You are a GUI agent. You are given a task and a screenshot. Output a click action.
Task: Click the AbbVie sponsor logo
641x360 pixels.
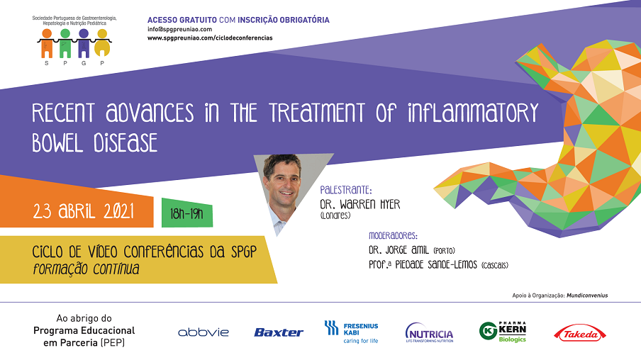point(204,332)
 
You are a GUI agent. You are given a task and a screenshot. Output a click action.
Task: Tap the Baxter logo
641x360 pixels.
point(279,332)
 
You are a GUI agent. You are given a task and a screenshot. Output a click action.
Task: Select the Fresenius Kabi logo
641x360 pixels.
point(352,332)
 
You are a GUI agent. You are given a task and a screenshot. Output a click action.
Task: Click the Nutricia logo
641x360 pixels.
point(429,332)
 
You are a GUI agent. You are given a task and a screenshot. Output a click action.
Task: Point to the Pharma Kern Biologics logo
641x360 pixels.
point(503,332)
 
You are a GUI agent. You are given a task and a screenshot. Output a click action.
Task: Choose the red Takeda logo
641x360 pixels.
point(580,334)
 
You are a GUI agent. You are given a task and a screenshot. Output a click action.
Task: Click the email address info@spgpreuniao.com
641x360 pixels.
point(180,29)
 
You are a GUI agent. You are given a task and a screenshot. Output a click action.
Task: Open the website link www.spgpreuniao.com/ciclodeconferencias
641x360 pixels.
point(210,38)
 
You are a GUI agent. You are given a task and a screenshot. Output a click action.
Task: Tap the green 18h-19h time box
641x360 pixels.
point(186,213)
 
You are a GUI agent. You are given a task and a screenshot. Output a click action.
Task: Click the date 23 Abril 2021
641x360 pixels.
point(84,211)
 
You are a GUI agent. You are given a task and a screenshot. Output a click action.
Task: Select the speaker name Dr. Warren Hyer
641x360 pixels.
point(360,204)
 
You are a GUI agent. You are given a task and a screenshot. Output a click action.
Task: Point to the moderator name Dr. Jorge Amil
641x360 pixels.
point(398,249)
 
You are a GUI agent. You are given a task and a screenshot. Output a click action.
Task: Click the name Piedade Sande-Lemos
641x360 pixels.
point(436,265)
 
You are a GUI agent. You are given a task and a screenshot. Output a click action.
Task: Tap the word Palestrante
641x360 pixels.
point(345,190)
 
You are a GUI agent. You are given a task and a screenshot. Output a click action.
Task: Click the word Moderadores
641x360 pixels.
point(393,236)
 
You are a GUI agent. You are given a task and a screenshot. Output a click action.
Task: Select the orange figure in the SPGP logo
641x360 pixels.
point(47,43)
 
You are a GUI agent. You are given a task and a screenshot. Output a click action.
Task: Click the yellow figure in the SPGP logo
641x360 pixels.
point(102,43)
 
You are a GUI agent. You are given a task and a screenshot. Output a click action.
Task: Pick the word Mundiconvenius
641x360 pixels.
point(587,296)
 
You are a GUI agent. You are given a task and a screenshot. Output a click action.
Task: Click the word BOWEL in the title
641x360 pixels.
point(57,142)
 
